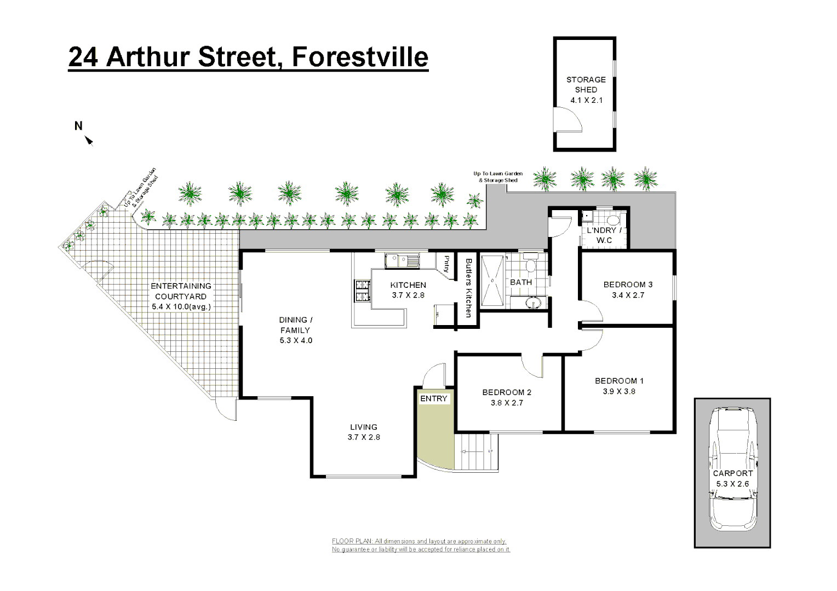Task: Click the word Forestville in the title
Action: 359,57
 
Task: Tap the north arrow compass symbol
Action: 89,141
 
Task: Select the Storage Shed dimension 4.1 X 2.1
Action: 586,100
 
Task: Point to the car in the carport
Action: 732,468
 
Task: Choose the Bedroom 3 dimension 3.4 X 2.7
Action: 628,295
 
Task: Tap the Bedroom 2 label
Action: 507,392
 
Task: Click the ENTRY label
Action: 434,399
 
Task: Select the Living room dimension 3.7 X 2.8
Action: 364,437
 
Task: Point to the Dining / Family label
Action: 296,325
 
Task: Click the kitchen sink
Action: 402,260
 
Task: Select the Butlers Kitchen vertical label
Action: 468,287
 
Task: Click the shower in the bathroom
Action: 492,281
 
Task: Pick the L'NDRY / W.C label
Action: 604,235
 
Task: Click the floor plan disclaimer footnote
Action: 421,545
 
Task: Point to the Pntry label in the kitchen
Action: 447,264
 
